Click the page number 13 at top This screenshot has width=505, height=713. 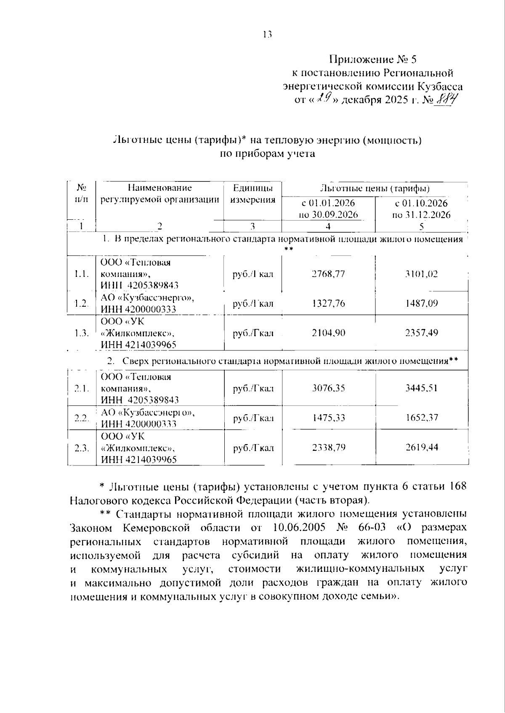tap(268, 35)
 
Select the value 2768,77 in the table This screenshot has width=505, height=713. tap(328, 274)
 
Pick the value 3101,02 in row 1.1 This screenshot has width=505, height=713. tap(421, 274)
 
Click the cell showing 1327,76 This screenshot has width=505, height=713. tap(328, 303)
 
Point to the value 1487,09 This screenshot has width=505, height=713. tap(421, 303)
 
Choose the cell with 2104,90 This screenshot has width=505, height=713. tap(328, 333)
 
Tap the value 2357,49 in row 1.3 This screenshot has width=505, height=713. tap(421, 333)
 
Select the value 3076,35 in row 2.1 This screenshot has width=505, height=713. tap(328, 388)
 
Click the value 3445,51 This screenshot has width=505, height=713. tap(421, 388)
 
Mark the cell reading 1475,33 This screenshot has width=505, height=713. tap(328, 418)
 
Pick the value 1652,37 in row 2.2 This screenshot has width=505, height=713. tap(421, 418)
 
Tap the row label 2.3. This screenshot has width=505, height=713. tap(82, 448)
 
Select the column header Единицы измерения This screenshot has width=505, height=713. tap(252, 194)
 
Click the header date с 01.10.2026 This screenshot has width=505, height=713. tap(421, 203)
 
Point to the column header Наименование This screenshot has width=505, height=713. tap(160, 188)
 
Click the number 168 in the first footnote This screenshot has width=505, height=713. tap(458, 486)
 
